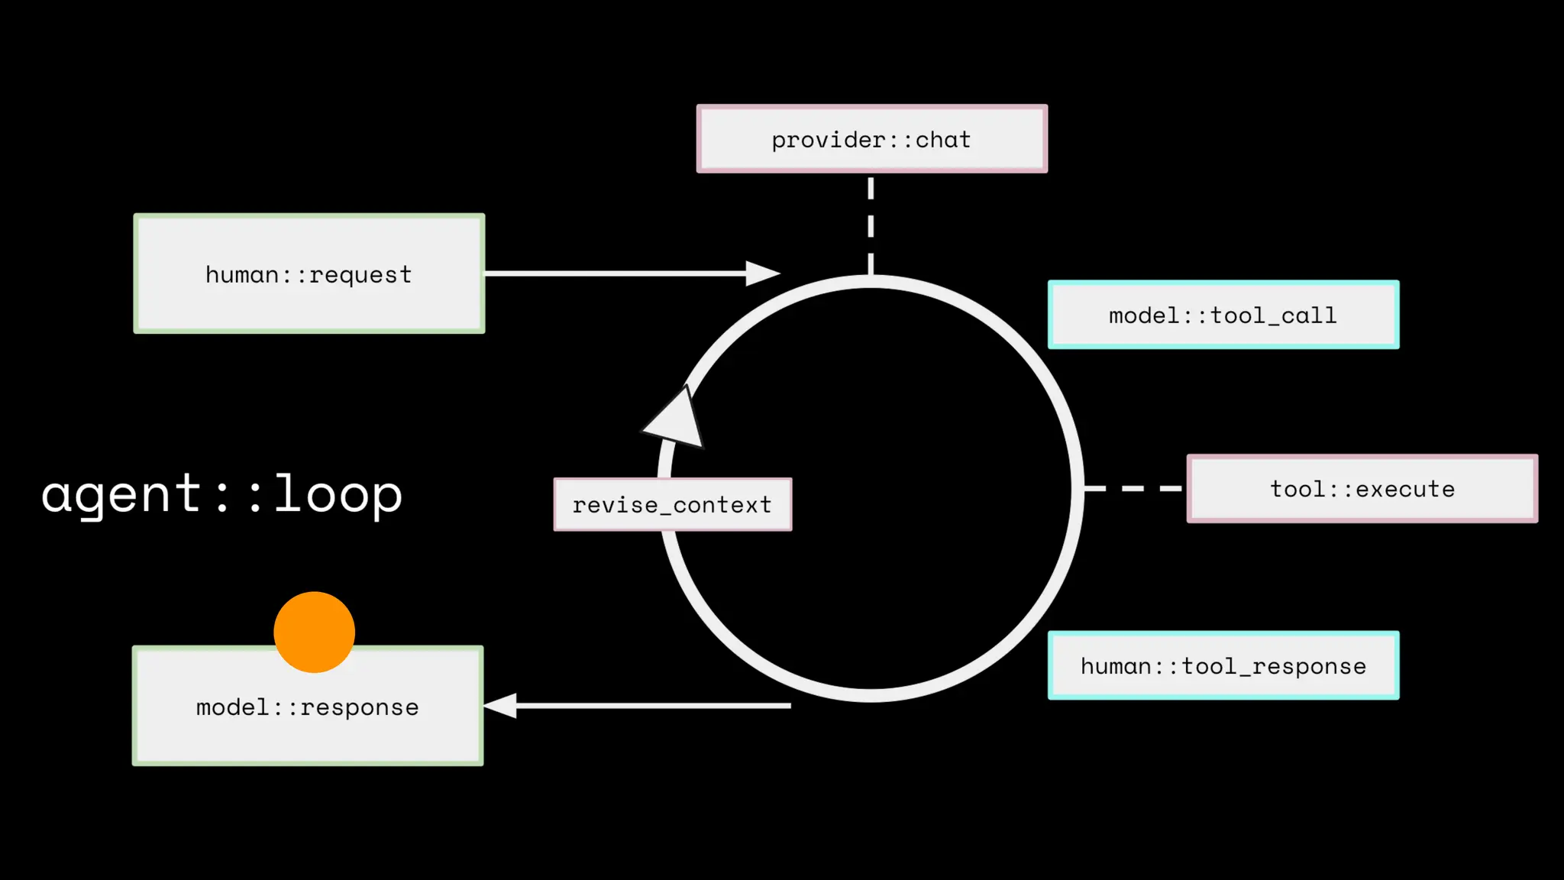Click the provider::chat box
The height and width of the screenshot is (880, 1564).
point(871,139)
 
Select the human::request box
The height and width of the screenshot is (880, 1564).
point(309,273)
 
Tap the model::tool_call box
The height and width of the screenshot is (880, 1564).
point(1223,315)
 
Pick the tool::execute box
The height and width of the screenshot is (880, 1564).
point(1362,489)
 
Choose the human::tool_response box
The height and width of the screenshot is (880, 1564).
point(1223,665)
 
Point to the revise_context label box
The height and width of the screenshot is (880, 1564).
point(672,504)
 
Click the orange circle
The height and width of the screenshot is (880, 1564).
point(314,632)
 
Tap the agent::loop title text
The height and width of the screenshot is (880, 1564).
point(221,494)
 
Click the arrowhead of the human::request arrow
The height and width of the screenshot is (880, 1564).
point(761,273)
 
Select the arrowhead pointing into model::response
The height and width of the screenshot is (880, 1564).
point(501,706)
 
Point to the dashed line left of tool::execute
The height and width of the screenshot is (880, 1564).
point(1133,488)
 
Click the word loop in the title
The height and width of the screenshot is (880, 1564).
point(338,494)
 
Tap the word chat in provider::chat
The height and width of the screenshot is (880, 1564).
point(943,140)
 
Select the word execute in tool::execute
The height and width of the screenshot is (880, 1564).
point(1405,489)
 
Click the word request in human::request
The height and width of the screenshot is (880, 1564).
point(360,275)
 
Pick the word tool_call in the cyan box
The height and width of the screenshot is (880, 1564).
point(1274,315)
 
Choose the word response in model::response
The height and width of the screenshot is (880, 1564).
point(360,708)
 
